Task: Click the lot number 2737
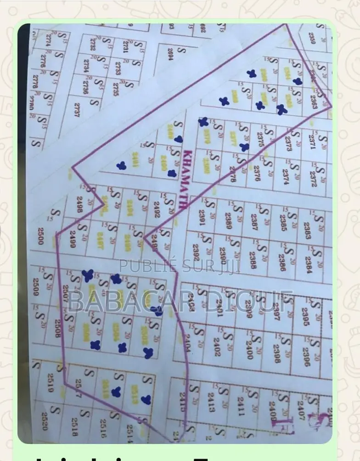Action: click(77, 109)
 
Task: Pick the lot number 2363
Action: click(314, 102)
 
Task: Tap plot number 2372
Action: click(314, 179)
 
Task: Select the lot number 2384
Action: click(308, 265)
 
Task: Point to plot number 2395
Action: click(305, 316)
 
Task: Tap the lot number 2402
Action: click(217, 348)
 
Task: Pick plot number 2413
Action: click(211, 401)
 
